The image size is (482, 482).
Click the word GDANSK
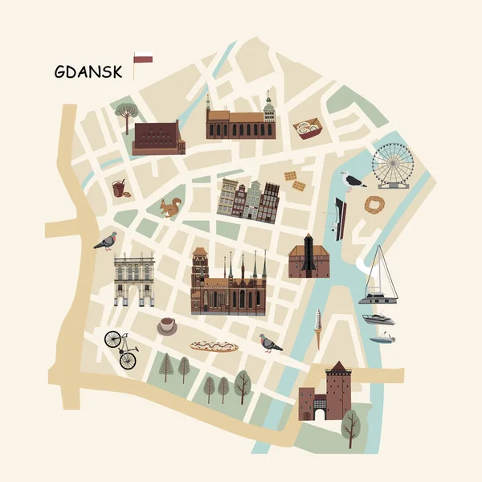coord(88,71)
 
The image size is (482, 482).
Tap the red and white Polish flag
coord(143,58)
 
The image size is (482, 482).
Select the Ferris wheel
coord(392,165)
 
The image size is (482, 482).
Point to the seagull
coord(352,181)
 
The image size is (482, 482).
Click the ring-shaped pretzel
coord(374,205)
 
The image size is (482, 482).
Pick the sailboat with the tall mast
coord(379,277)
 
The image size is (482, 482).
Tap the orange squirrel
coord(169,208)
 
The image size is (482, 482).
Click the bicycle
coord(121,349)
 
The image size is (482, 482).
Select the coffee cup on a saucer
coord(167,326)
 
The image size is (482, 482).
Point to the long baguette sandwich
coord(214,346)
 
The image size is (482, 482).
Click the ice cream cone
coord(318,329)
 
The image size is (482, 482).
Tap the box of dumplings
coord(307,128)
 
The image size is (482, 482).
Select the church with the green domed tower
coord(240,120)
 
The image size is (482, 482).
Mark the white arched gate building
coord(133,280)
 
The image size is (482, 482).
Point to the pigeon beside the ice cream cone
coord(270,344)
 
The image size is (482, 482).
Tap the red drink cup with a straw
coord(119,188)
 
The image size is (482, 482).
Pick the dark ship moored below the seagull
coord(340,219)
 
